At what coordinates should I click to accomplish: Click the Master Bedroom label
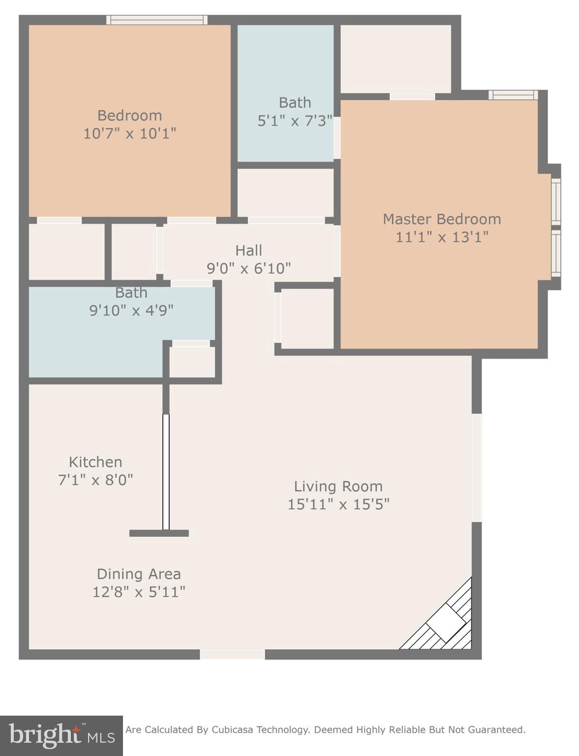(x=441, y=219)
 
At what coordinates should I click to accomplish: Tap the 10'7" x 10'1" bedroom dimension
(x=129, y=133)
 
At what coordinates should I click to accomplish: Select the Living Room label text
(x=338, y=486)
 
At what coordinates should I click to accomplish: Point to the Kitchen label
(x=95, y=462)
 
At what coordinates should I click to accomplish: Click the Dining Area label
(x=139, y=574)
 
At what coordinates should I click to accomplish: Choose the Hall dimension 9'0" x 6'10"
(x=248, y=268)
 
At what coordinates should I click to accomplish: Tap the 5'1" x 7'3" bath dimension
(x=295, y=121)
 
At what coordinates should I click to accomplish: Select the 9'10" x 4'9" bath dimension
(x=131, y=311)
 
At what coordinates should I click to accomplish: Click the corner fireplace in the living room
(x=445, y=623)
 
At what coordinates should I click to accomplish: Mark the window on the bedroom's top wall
(x=157, y=20)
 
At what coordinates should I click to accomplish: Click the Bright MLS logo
(x=61, y=736)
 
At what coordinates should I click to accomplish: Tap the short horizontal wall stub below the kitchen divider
(x=159, y=533)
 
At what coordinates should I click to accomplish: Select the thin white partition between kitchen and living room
(x=166, y=472)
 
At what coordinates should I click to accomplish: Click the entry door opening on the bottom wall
(x=232, y=654)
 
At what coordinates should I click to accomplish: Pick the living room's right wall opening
(x=477, y=468)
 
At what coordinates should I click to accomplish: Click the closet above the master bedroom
(x=396, y=59)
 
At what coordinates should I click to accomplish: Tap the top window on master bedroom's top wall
(x=513, y=94)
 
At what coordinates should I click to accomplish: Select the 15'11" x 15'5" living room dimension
(x=338, y=504)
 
